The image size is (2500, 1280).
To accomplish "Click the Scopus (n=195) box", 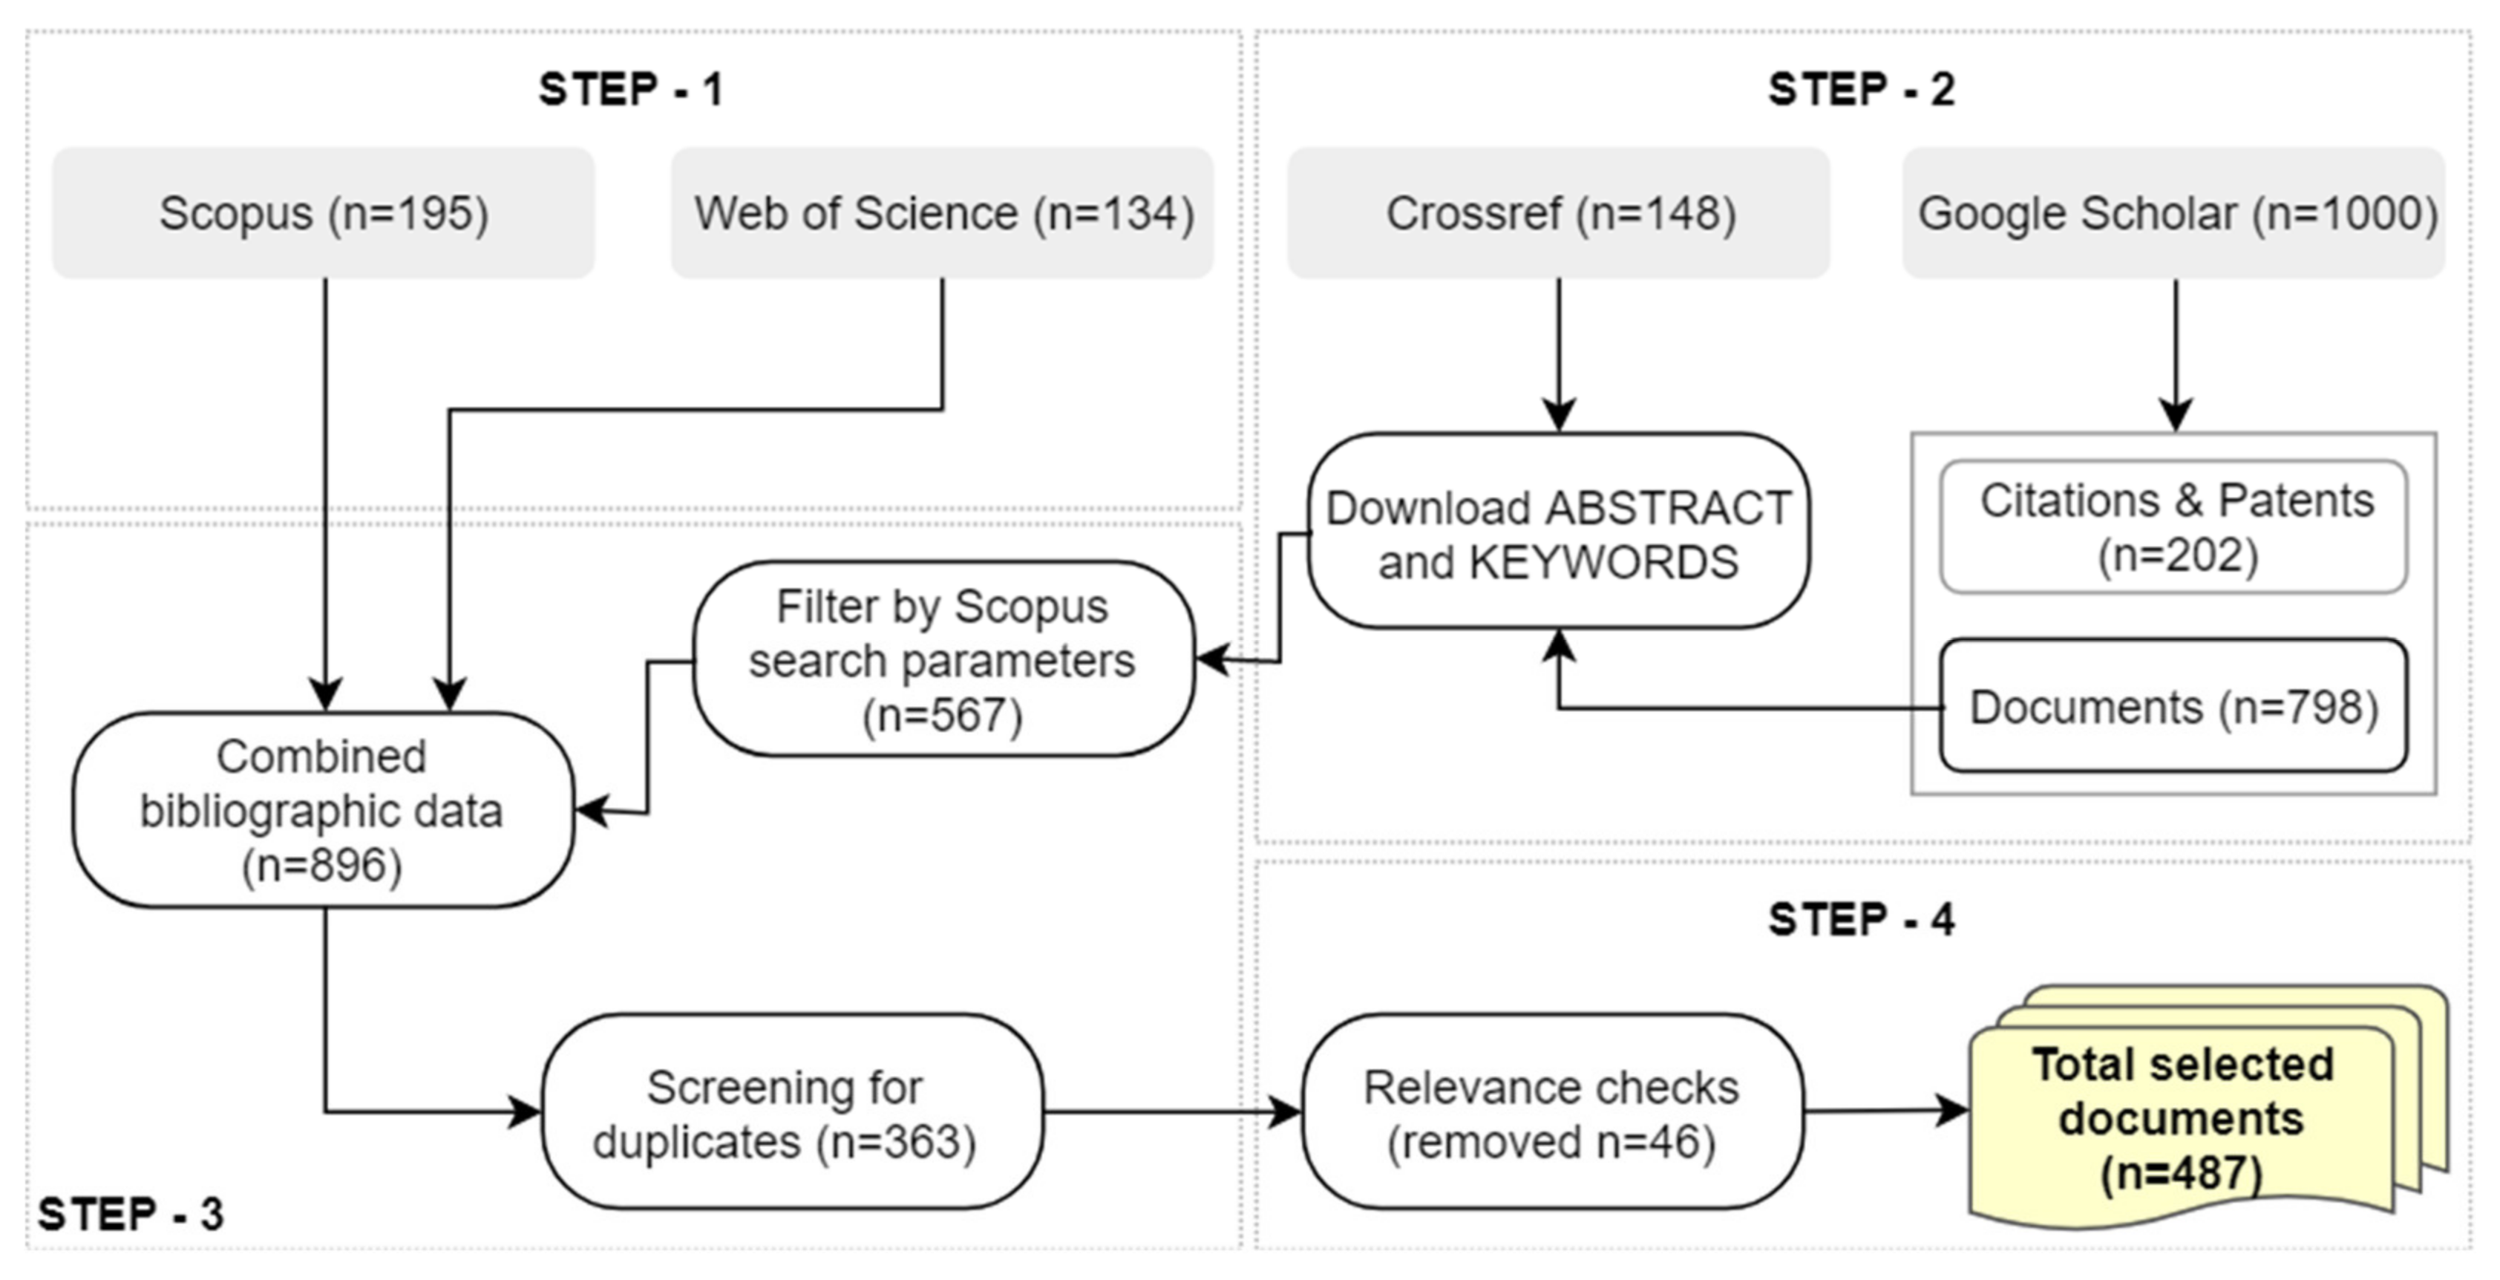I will (x=323, y=214).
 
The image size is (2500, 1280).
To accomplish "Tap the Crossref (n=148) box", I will (x=1559, y=214).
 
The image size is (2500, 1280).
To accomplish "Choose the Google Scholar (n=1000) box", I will (x=2174, y=214).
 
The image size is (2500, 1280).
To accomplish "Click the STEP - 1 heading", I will (x=631, y=91).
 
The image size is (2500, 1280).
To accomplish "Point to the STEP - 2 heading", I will (x=1860, y=91).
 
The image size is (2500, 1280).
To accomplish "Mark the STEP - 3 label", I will (x=131, y=1214).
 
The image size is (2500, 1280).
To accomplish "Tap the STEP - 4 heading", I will (x=1860, y=919).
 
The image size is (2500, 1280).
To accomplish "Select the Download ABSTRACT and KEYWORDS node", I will (x=1559, y=532).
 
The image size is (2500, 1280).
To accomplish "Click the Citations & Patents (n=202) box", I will (x=2174, y=527).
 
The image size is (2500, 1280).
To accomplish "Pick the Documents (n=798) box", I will (x=2174, y=707).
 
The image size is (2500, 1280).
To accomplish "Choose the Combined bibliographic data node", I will (x=322, y=810).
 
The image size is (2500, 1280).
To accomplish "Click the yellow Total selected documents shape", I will (x=2184, y=1116).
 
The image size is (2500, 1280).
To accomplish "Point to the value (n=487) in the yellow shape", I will (x=2182, y=1172).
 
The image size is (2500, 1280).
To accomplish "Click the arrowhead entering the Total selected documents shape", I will (x=1954, y=1111).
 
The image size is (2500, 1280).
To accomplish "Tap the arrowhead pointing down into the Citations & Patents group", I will (x=2175, y=414).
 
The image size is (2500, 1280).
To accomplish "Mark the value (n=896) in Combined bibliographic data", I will (x=322, y=865).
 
